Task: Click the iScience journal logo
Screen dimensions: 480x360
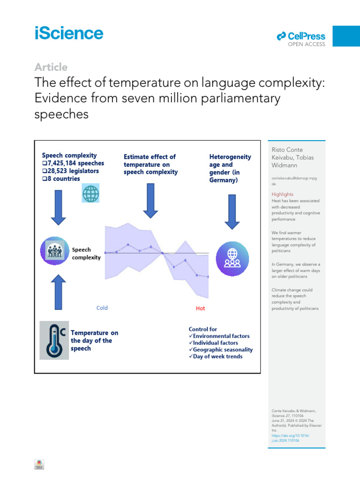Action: tap(68, 34)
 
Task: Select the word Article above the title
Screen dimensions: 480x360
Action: tap(51, 67)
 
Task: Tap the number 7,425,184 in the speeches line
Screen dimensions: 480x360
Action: tap(64, 163)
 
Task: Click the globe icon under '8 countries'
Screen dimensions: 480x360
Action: tap(90, 193)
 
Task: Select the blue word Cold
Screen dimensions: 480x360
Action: tap(102, 308)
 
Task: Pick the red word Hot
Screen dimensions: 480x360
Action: tap(200, 308)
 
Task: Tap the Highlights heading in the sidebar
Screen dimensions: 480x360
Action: tap(283, 194)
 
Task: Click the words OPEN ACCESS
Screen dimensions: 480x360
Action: tap(306, 45)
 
